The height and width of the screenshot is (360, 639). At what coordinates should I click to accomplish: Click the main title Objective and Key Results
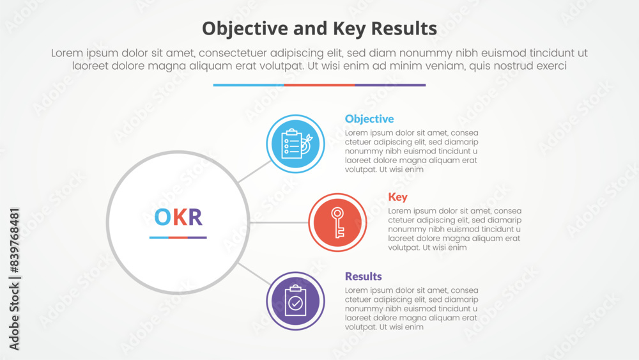coord(319,29)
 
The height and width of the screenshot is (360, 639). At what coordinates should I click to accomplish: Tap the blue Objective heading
coord(369,119)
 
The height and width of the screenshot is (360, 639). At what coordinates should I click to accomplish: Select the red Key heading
coord(397,198)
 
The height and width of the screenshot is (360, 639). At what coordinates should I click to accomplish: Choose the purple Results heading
coord(363,276)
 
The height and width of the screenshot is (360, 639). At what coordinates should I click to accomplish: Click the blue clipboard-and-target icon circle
coord(295,144)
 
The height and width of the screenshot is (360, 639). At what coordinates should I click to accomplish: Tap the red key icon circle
coord(337,223)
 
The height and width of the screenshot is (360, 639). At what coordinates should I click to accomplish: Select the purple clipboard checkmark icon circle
coord(295,301)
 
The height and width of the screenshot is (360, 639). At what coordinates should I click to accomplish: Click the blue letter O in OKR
coord(162,217)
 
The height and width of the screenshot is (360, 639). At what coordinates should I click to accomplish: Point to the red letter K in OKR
coord(180,217)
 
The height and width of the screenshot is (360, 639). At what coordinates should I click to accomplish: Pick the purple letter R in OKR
coord(195,217)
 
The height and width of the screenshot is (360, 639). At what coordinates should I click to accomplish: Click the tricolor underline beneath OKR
coord(178,237)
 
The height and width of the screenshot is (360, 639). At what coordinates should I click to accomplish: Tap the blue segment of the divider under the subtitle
coord(249,85)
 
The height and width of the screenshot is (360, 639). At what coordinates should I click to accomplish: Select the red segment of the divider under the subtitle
coord(319,85)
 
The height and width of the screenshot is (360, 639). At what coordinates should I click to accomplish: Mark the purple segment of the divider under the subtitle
coord(390,85)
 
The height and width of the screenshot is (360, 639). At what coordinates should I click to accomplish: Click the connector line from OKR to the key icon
coord(279,223)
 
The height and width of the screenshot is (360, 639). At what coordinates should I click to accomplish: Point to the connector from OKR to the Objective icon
coord(254,171)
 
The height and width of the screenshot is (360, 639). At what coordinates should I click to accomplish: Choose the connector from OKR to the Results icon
coord(254,274)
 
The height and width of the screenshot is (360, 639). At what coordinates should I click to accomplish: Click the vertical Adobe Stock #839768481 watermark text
coord(14,279)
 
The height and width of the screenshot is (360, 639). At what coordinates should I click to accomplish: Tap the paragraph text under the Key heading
coord(454,229)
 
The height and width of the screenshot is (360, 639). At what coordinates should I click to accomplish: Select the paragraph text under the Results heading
coord(412,309)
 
